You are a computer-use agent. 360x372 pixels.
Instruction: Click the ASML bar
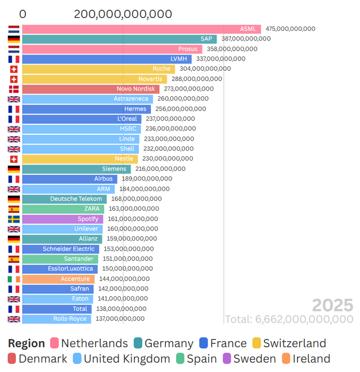141,29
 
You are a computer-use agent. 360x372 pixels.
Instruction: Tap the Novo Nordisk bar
91,89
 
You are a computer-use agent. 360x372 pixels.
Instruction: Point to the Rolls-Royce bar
56,319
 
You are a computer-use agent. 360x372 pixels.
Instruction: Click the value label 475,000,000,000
290,29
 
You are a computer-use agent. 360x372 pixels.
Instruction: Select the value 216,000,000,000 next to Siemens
160,169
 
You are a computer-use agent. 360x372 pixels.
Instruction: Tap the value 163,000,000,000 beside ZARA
133,208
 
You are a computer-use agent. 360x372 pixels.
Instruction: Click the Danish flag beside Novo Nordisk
13,89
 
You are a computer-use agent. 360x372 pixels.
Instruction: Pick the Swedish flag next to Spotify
13,219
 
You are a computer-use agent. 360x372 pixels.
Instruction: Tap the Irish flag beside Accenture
13,279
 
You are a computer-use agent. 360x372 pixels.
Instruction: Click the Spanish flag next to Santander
13,259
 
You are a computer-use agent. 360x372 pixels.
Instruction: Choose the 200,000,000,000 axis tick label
123,14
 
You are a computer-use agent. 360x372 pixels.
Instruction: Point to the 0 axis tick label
22,14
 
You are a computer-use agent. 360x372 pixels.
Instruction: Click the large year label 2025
332,306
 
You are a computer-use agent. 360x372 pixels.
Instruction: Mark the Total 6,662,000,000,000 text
289,319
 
